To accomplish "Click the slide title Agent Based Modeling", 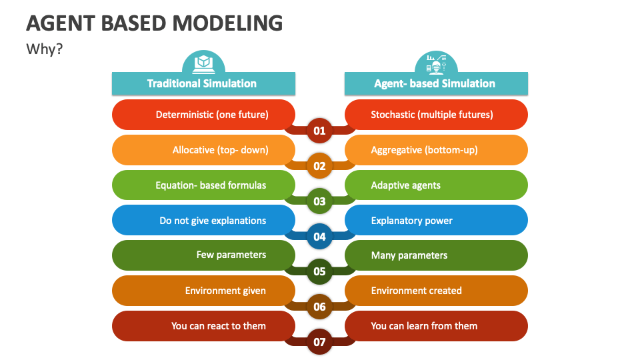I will (x=154, y=23).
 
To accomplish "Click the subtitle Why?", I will (x=44, y=49).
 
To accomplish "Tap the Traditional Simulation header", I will (x=202, y=83).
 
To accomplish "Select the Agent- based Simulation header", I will (x=435, y=83).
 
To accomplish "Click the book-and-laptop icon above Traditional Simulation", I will (x=203, y=63).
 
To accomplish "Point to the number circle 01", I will (x=319, y=131).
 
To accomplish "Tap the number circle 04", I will (x=319, y=237).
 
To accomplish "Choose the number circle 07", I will (x=319, y=343).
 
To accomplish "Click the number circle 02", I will (x=319, y=166).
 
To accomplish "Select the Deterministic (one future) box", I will (x=203, y=115).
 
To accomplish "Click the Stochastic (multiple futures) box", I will (x=436, y=115).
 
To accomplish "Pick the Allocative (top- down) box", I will (x=203, y=150).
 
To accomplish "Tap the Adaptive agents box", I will (x=436, y=185).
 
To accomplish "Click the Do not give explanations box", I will (x=203, y=221).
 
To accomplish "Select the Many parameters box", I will (x=436, y=255).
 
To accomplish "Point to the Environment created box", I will (x=436, y=291).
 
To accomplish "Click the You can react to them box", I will (x=203, y=326).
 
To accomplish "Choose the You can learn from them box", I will (x=436, y=326).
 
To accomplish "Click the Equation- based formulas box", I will (x=203, y=185).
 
